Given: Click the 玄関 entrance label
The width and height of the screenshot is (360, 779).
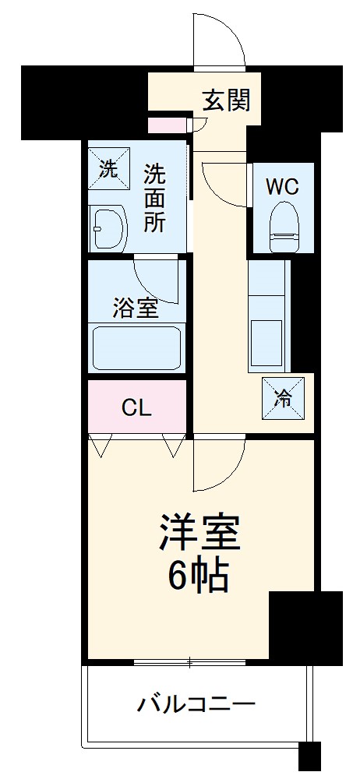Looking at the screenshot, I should pos(227,100).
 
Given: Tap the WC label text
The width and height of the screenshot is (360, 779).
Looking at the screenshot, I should pos(281,188).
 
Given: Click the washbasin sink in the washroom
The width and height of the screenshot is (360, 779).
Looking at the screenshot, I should pos(108,229).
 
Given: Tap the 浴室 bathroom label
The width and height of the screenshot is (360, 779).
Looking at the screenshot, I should pos(136,308).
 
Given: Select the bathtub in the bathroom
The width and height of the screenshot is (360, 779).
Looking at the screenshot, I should pos(137,348).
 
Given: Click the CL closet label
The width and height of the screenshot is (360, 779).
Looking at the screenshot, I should pos(136,407).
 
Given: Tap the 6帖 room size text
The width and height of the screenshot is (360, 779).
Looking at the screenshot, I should pos(199,577).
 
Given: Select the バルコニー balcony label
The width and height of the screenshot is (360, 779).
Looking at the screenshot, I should pos(196,706).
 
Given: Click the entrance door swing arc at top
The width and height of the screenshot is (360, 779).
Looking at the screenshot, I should pos(223,39).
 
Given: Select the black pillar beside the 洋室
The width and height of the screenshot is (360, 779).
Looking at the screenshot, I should pos(305,626).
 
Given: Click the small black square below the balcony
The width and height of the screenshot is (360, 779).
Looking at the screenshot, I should pos(310,756).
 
